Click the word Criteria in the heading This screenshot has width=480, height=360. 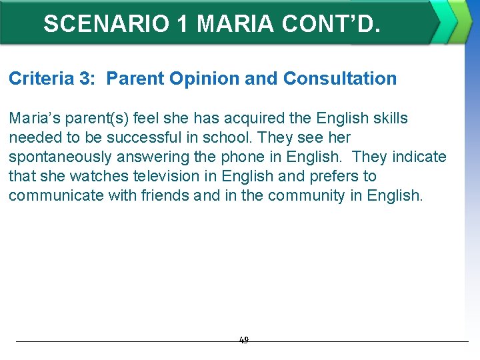[41, 79]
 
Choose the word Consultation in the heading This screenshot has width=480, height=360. [340, 79]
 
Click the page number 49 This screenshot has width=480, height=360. [243, 340]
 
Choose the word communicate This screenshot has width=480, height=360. [58, 196]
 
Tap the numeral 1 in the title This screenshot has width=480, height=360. [181, 24]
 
